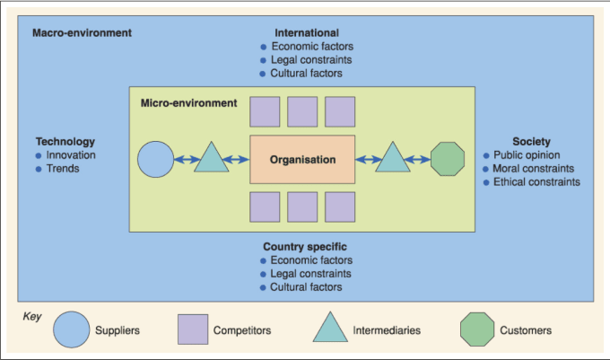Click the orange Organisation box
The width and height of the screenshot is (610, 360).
pos(302,159)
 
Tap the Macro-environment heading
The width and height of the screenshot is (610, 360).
pos(82,32)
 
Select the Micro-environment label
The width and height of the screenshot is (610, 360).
pos(188,102)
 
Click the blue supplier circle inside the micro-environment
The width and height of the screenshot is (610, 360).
pos(155,159)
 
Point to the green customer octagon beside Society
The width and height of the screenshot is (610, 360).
pos(448,159)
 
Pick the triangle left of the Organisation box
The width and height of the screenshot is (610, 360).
pos(211,159)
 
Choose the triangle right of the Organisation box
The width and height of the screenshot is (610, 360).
pos(393,159)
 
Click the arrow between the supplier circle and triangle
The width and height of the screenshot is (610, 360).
pos(187,159)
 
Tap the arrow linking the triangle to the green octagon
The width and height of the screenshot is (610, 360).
pos(417,159)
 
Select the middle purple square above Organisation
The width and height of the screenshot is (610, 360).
pos(302,111)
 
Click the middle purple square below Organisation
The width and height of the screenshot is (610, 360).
pos(302,206)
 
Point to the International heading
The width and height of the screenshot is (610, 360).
pos(307,32)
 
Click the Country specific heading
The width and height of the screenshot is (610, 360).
pos(305,246)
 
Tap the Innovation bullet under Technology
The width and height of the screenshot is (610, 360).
pos(65,155)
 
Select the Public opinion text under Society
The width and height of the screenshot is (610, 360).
pos(527,155)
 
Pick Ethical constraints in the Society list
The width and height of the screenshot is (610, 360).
pos(536,181)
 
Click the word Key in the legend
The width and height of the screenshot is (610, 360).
pos(32,316)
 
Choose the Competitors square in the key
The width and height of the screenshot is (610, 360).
pos(193,329)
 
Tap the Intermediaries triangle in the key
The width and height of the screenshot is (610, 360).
pos(330,328)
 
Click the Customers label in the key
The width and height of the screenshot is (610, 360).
pos(526,330)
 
